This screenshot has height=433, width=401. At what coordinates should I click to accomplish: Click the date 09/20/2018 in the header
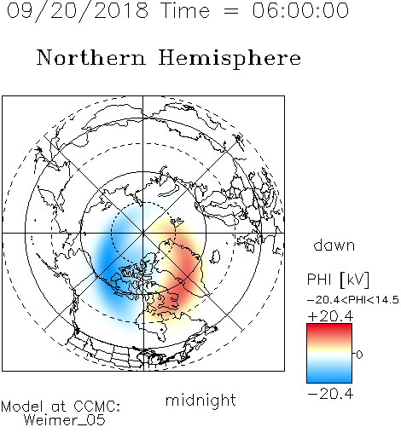[78, 11]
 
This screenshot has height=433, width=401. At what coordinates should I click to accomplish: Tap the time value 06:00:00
[300, 10]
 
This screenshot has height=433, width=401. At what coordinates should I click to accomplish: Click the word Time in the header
[185, 10]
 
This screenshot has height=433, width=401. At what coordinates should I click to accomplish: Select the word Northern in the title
[91, 57]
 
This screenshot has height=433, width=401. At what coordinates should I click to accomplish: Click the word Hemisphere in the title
[230, 59]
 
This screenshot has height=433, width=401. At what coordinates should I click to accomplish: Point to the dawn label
[334, 245]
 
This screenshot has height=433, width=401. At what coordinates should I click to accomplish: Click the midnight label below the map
[200, 401]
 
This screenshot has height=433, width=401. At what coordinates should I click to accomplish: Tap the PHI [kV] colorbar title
[339, 280]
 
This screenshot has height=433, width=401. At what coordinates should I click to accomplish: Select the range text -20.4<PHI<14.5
[353, 300]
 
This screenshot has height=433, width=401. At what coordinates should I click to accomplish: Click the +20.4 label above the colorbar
[330, 316]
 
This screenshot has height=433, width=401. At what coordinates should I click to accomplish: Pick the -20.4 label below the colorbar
[330, 394]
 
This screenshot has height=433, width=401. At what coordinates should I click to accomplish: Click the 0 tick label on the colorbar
[359, 355]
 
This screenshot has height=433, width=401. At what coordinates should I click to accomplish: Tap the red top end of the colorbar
[329, 326]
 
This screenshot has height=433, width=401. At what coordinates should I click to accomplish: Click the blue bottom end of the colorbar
[329, 380]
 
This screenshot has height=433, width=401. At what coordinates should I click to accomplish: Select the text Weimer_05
[65, 420]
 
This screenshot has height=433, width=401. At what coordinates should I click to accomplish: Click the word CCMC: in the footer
[96, 407]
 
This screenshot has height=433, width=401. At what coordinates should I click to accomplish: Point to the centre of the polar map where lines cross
[143, 233]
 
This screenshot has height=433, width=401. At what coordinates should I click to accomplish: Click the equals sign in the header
[231, 11]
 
